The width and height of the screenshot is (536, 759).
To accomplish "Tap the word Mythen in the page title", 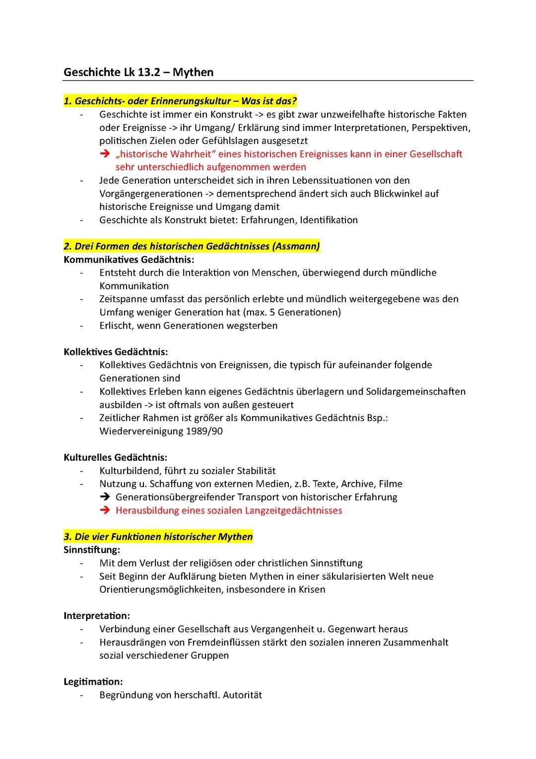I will coord(193,72).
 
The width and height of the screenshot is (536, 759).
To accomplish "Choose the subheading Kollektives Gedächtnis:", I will coord(116,352).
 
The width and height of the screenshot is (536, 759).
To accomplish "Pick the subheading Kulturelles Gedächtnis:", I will coord(115,458).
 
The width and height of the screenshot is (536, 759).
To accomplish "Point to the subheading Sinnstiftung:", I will coord(92,550).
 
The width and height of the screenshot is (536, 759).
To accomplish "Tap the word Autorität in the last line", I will coord(242,695).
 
